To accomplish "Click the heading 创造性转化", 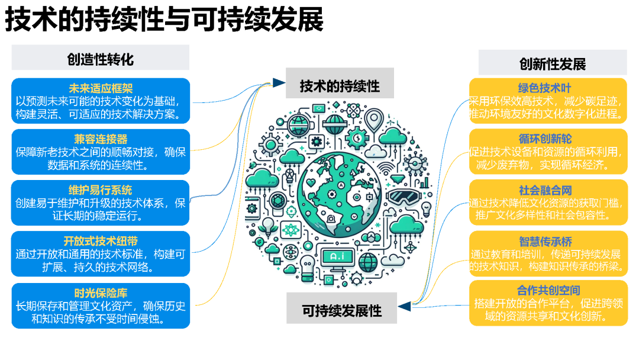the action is (x=100, y=60).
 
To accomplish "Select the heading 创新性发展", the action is (x=552, y=64).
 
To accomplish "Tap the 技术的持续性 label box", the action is (x=340, y=83).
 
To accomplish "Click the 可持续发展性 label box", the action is (x=341, y=308).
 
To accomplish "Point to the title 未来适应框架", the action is (x=101, y=88).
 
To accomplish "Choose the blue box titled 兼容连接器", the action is (x=101, y=152).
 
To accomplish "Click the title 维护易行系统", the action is (x=100, y=190).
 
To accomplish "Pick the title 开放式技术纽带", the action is (x=101, y=241).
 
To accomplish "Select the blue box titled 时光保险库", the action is (x=101, y=306).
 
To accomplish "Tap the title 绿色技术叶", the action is (x=545, y=88).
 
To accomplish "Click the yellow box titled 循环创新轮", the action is (x=548, y=151).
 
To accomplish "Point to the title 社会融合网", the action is (x=546, y=190).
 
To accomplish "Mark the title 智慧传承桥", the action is (x=546, y=242).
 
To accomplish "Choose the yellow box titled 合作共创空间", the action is (x=548, y=303).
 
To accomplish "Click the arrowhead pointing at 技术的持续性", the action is (x=279, y=83).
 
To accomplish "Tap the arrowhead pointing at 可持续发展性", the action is (x=404, y=306).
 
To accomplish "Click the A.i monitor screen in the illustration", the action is (x=337, y=256).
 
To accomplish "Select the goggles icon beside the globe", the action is (x=403, y=196).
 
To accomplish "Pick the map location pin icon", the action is (x=374, y=120).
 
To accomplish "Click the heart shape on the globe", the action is (x=311, y=182).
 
